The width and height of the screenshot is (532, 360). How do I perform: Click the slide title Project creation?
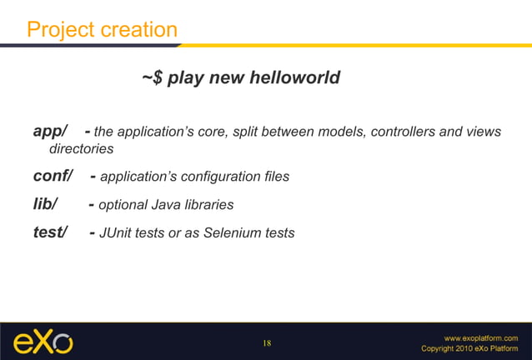102,30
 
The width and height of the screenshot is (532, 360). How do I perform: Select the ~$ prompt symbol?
151,78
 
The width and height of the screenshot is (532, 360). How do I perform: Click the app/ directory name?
49,132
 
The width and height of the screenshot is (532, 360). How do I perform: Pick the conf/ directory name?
53,177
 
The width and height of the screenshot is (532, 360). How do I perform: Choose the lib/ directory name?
45,205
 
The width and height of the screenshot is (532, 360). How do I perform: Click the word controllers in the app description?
402,132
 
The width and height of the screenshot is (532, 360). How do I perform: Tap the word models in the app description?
342,132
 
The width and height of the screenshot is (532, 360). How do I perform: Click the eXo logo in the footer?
43,342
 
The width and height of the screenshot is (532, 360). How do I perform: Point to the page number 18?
267,343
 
